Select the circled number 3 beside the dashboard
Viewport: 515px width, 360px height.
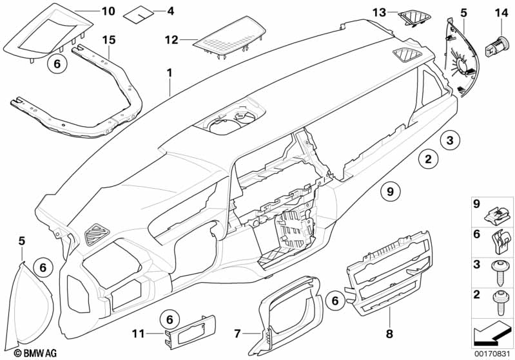[x=451, y=139]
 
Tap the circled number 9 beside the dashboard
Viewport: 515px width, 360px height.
[x=390, y=189]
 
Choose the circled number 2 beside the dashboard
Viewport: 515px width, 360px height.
[x=427, y=156]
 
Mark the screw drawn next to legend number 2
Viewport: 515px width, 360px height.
[x=500, y=300]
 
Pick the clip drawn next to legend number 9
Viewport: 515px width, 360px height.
[x=501, y=210]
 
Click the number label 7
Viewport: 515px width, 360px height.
[x=237, y=333]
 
